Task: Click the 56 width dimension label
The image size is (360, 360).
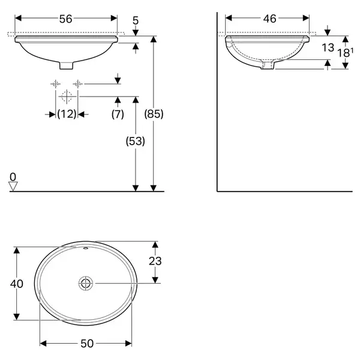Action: coord(65,19)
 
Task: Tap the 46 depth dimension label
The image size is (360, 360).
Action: coord(269,19)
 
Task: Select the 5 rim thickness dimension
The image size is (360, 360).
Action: coord(136,20)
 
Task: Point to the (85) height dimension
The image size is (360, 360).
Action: coord(154,114)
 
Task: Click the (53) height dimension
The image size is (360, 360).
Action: coord(135,141)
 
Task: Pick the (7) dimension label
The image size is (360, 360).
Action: coord(118,114)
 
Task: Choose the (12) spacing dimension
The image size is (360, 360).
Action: coord(67,114)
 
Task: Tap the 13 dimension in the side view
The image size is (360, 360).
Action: coord(328,48)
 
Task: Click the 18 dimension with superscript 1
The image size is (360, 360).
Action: coord(345,53)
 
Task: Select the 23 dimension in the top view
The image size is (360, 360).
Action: coord(155,261)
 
